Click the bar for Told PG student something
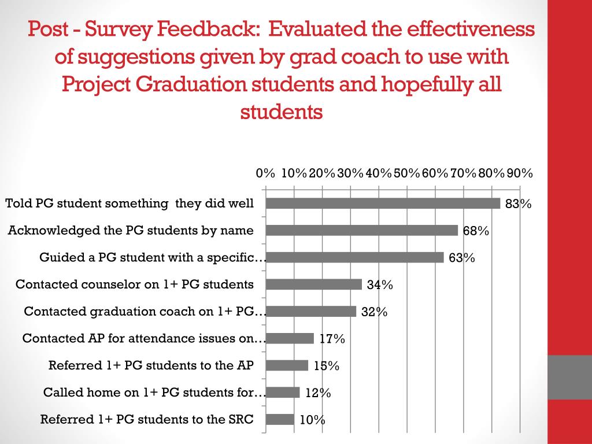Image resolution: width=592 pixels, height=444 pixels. (x=383, y=203)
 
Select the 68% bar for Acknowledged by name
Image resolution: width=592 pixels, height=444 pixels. (x=362, y=230)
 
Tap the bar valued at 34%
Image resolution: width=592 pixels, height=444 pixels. (x=314, y=284)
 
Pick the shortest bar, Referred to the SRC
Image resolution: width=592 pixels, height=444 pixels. (x=280, y=420)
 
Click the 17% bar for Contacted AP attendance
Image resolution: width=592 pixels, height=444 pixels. (x=290, y=338)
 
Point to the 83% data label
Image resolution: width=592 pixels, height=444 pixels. (x=518, y=203)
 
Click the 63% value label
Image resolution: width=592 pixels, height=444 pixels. (x=461, y=258)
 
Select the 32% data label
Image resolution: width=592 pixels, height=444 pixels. (x=374, y=312)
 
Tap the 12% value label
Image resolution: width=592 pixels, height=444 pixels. (x=318, y=393)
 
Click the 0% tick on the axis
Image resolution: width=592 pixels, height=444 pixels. (x=265, y=173)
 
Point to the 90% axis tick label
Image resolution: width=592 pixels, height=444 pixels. (x=520, y=173)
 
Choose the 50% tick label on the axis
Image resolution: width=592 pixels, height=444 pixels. (x=406, y=173)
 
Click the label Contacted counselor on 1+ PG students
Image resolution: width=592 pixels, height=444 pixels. (x=135, y=284)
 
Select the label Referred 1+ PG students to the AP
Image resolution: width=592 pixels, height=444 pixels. (x=151, y=365)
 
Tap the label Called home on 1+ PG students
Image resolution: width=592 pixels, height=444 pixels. (x=154, y=393)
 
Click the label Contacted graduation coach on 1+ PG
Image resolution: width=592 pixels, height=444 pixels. (x=145, y=312)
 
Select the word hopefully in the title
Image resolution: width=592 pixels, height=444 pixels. (x=425, y=84)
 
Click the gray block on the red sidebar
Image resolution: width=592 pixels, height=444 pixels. (x=569, y=376)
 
